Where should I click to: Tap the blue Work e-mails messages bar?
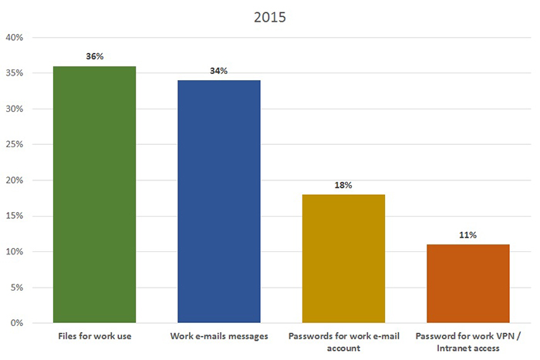point(219,201)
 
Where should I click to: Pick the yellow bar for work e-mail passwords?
point(343,258)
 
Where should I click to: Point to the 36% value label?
point(94,56)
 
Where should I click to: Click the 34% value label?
point(219,71)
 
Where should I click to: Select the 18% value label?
point(343,185)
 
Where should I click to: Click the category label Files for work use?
point(94,336)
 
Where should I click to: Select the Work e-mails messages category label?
point(219,336)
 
